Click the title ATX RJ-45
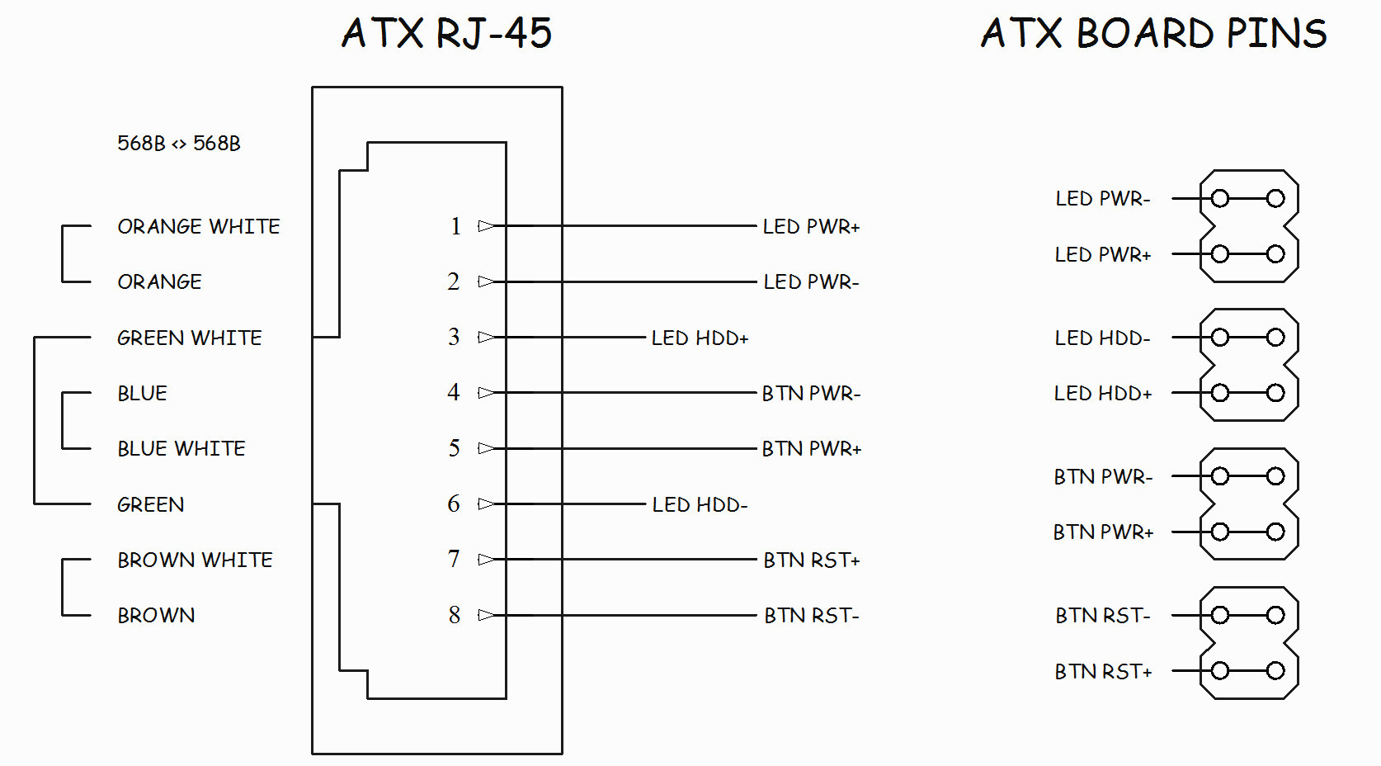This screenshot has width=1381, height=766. point(446,34)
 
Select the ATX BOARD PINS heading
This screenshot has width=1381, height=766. point(1153,34)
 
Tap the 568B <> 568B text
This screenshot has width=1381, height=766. point(179,144)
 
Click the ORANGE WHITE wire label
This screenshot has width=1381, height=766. point(199,226)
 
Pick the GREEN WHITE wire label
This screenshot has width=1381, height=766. point(190,338)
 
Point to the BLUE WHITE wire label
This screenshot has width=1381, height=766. point(181,448)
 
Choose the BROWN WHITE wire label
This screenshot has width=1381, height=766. point(195,560)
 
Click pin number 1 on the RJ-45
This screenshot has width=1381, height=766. point(455,226)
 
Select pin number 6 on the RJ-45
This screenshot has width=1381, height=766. point(454,504)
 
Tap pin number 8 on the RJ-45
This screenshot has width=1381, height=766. point(455,615)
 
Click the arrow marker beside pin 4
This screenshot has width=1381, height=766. point(487,393)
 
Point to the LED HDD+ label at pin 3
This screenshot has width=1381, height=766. point(700,338)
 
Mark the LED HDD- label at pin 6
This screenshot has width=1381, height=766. point(700,504)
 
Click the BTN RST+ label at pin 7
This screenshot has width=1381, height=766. point(812,560)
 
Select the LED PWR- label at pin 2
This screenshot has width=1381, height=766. point(811,281)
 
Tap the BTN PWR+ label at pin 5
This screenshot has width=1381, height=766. point(811,448)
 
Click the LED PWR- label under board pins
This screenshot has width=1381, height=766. point(1102,199)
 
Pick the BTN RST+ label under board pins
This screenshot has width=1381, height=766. point(1103,672)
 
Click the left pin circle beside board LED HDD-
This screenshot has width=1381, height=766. point(1220,337)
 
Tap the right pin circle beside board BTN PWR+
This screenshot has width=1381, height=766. point(1275,532)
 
